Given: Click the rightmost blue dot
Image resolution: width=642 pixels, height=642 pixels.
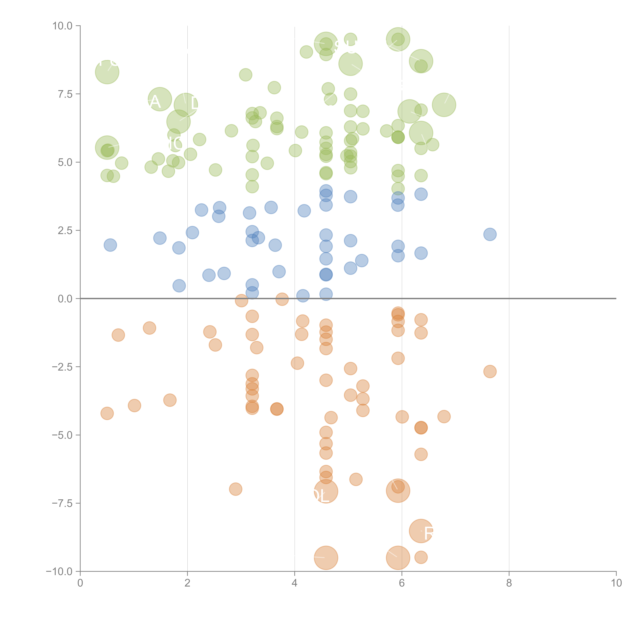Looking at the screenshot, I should coord(490,234).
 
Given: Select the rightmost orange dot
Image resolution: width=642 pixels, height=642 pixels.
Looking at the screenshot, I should coord(490,371).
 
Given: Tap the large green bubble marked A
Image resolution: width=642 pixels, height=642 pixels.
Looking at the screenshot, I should coord(160,99).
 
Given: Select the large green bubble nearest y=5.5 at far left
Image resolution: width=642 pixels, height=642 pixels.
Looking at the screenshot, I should coord(107,148).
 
